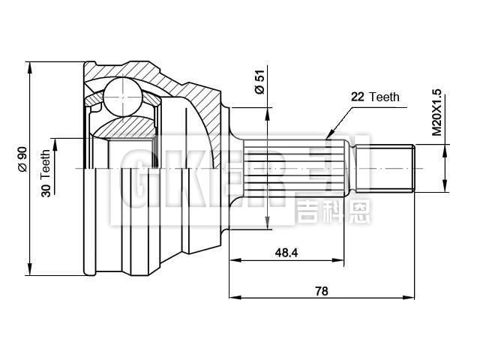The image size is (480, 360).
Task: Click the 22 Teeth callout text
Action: point(375,97)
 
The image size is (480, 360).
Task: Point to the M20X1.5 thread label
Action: point(437,112)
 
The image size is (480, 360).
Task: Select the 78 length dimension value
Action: point(322,291)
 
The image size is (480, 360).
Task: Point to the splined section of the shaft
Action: point(292,169)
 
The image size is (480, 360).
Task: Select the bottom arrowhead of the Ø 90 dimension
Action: point(30,271)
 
